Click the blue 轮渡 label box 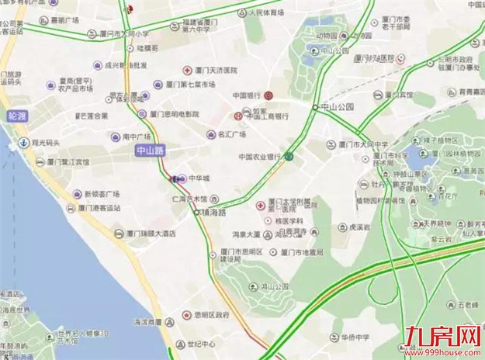(16, 116)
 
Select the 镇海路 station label (213, 211)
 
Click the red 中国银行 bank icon (268, 95)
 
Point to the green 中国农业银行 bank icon (288, 157)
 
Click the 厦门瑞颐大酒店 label (148, 233)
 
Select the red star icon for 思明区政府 (185, 315)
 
